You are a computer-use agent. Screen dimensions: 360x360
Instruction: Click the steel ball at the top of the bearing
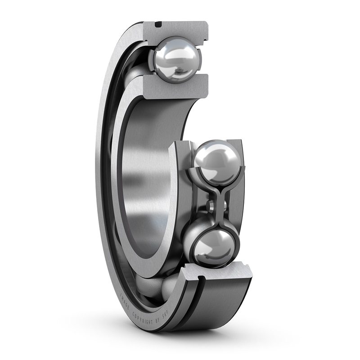[x=176, y=60]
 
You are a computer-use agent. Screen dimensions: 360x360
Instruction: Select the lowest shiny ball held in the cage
[x=214, y=247]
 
